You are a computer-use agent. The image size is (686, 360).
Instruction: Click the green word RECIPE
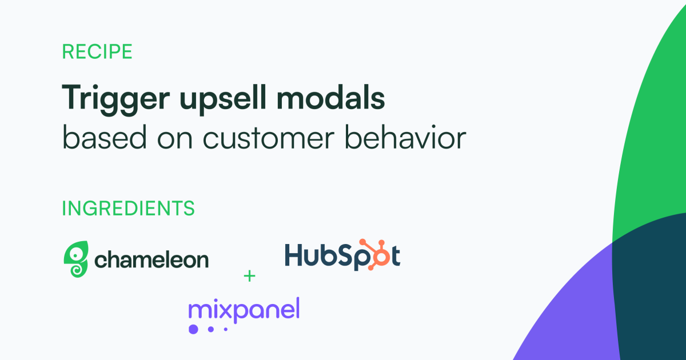click(97, 52)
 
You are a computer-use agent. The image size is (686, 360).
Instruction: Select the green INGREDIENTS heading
click(128, 209)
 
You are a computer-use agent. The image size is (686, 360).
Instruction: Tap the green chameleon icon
click(76, 259)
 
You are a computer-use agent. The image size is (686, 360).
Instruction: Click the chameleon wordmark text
click(151, 260)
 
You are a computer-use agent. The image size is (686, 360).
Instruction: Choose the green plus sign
click(249, 277)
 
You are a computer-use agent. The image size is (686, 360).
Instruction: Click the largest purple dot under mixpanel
click(193, 329)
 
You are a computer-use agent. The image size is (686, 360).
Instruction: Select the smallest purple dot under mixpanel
click(225, 329)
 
